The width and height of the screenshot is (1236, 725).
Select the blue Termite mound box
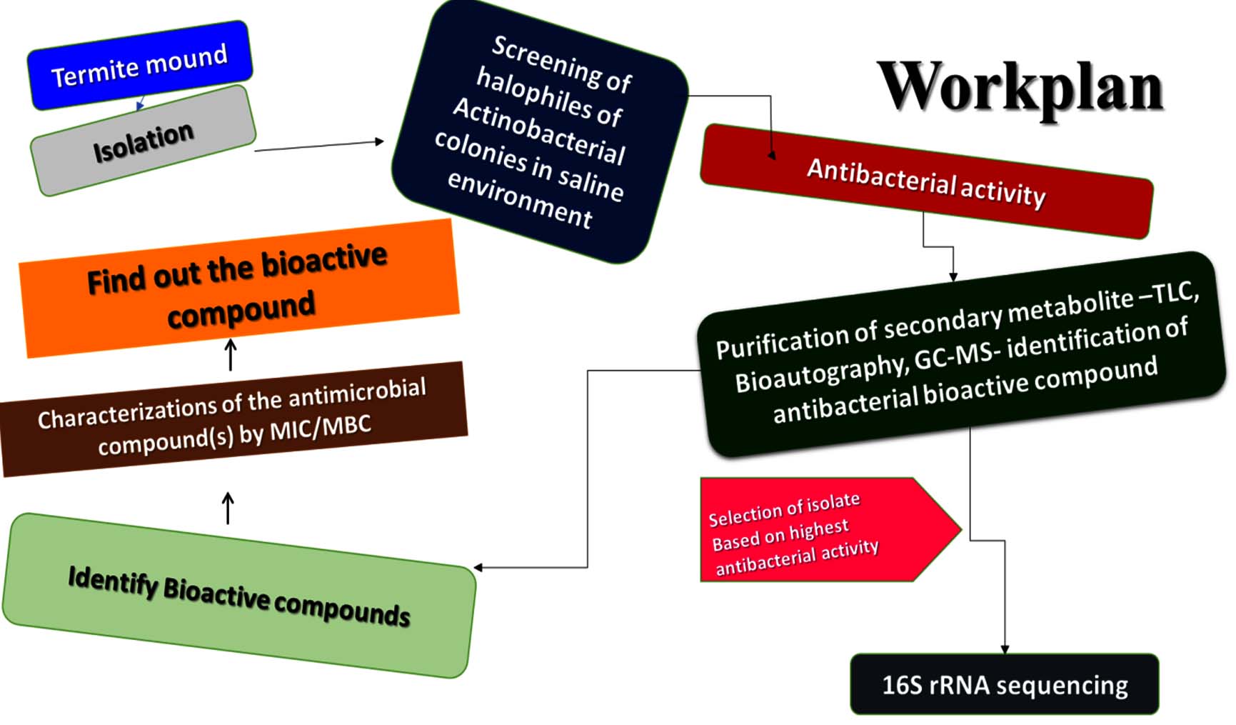click(139, 66)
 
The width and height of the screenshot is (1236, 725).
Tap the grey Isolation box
click(143, 141)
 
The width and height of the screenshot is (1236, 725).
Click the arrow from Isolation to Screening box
click(318, 146)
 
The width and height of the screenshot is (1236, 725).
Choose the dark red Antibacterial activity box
click(926, 181)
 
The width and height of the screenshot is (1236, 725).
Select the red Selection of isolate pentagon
click(821, 530)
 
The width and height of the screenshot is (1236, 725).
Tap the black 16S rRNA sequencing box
click(1004, 684)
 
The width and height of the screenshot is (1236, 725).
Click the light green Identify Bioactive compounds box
click(238, 596)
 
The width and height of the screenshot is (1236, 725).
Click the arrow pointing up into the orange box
click(230, 354)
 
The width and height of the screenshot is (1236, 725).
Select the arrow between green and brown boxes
click(228, 508)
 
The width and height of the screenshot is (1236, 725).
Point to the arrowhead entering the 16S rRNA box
click(1005, 649)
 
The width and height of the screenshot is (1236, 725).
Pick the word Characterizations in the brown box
click(129, 413)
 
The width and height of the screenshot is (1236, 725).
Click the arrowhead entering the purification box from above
click(953, 276)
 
